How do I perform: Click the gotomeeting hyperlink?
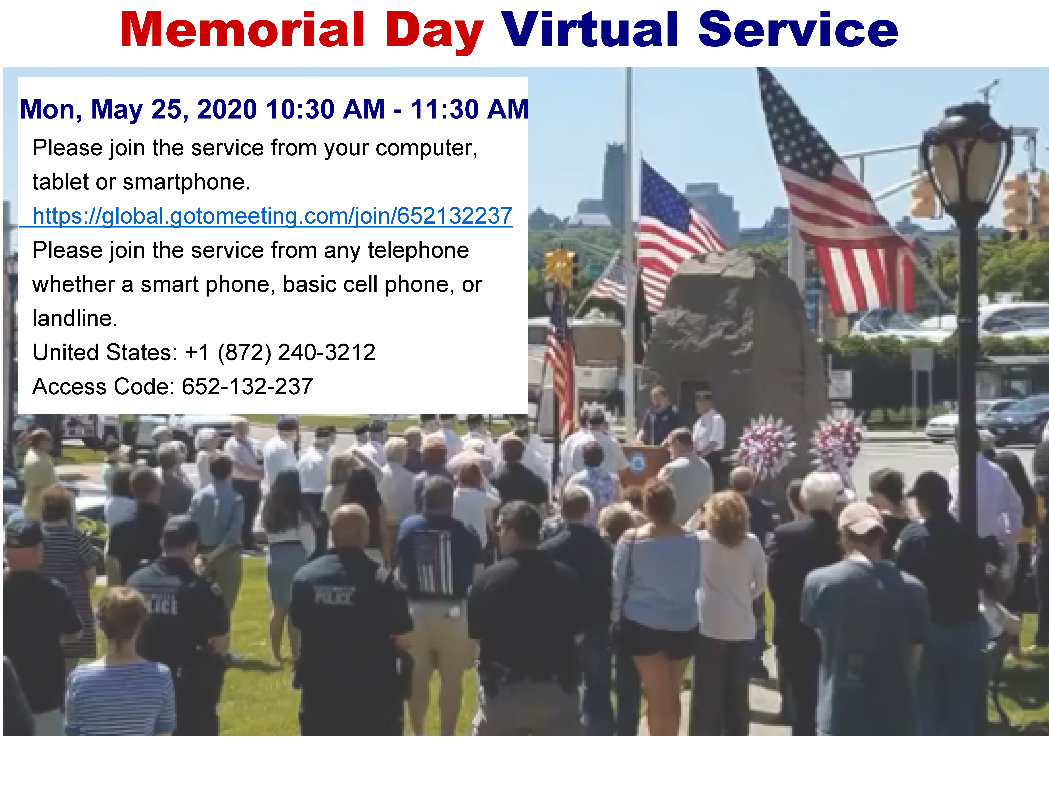[272, 216]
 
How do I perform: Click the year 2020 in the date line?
[227, 109]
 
